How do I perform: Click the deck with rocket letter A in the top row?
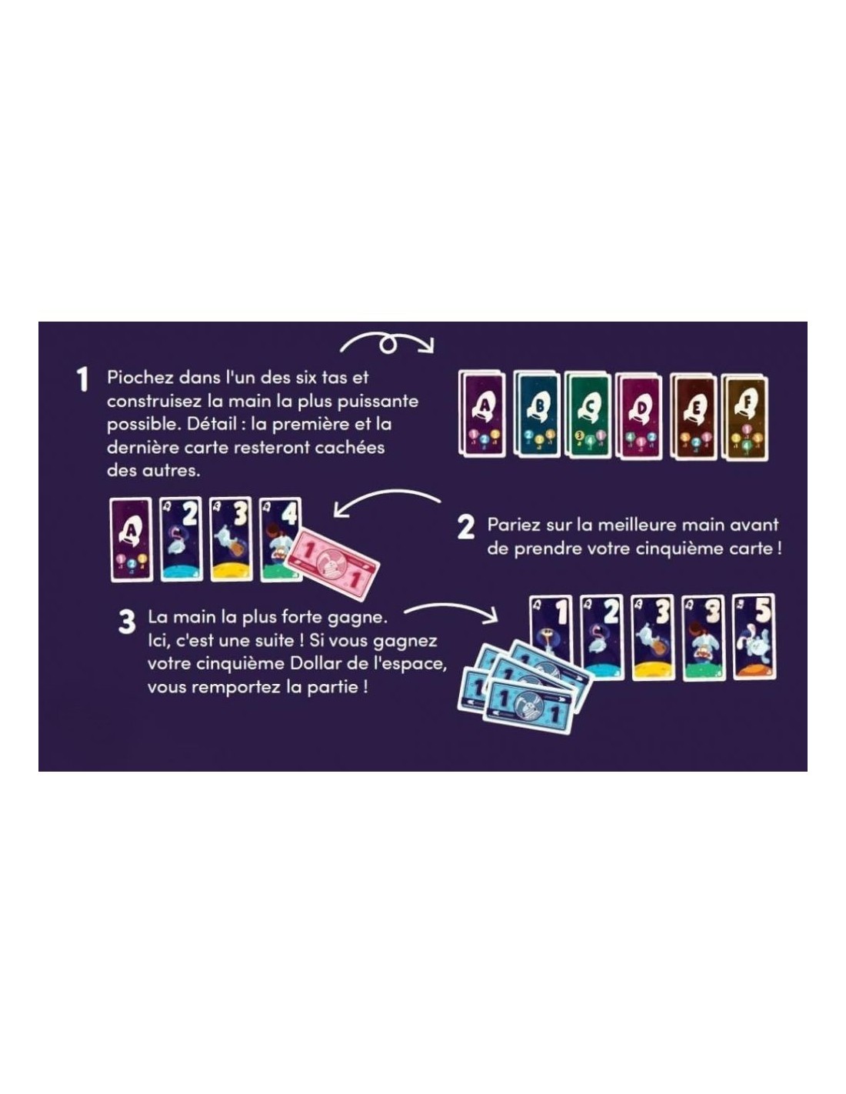[x=482, y=414]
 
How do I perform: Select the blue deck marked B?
[x=537, y=414]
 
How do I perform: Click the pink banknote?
[x=332, y=564]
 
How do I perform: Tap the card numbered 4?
[x=280, y=539]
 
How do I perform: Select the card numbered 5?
[x=754, y=637]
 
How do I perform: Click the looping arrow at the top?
[x=386, y=342]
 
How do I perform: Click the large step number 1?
[x=82, y=379]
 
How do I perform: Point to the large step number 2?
[x=465, y=528]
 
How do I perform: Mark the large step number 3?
[x=127, y=622]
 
